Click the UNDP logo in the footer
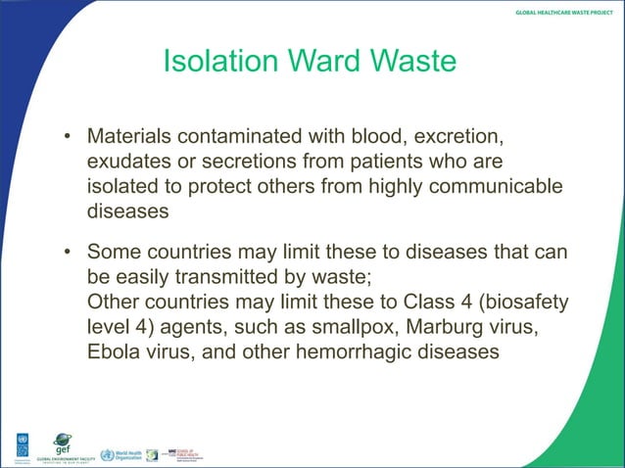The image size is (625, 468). [21, 445]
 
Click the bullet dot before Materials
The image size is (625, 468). [69, 134]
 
